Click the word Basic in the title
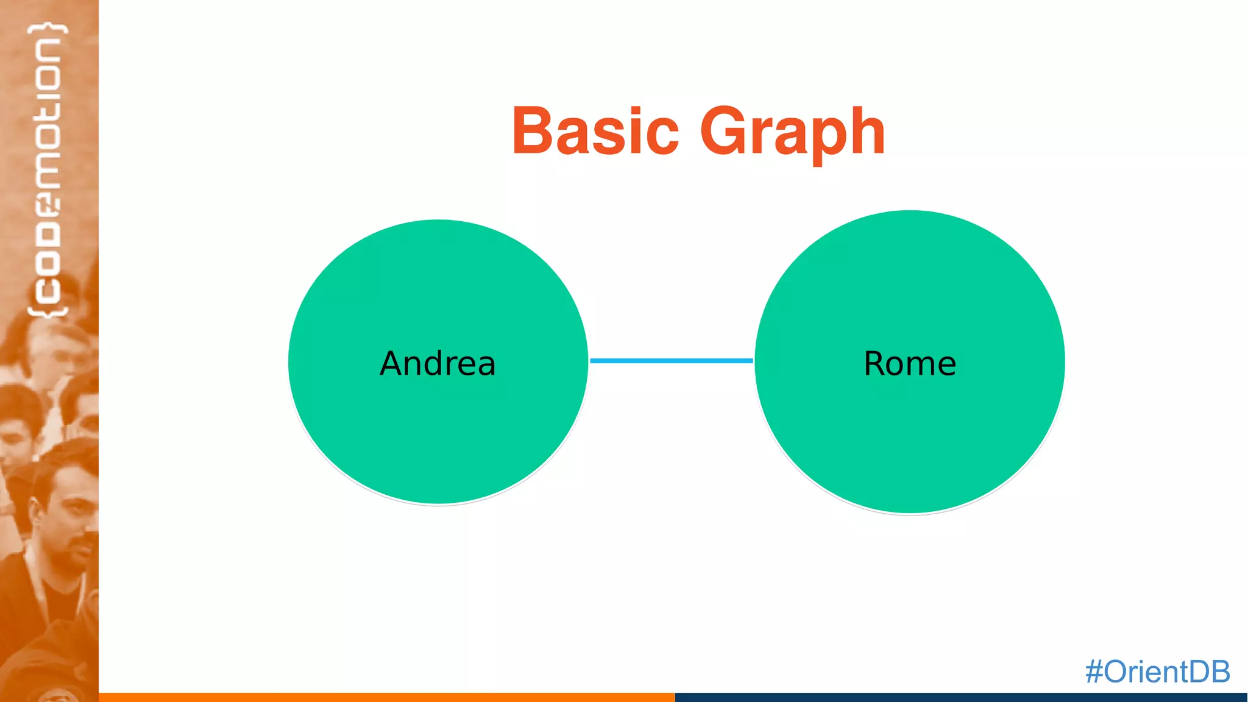click(595, 131)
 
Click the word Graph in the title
click(792, 131)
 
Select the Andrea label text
click(438, 363)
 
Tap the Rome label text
click(910, 363)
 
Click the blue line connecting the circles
click(672, 361)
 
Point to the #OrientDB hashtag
click(1157, 672)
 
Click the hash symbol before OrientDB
click(1094, 672)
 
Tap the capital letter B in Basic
click(531, 131)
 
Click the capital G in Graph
click(723, 131)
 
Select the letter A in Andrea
click(392, 363)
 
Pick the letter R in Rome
click(875, 363)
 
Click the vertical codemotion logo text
click(48, 171)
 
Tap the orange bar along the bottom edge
click(386, 697)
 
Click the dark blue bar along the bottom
click(960, 697)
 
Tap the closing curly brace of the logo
click(48, 29)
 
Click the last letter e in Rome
click(945, 364)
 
